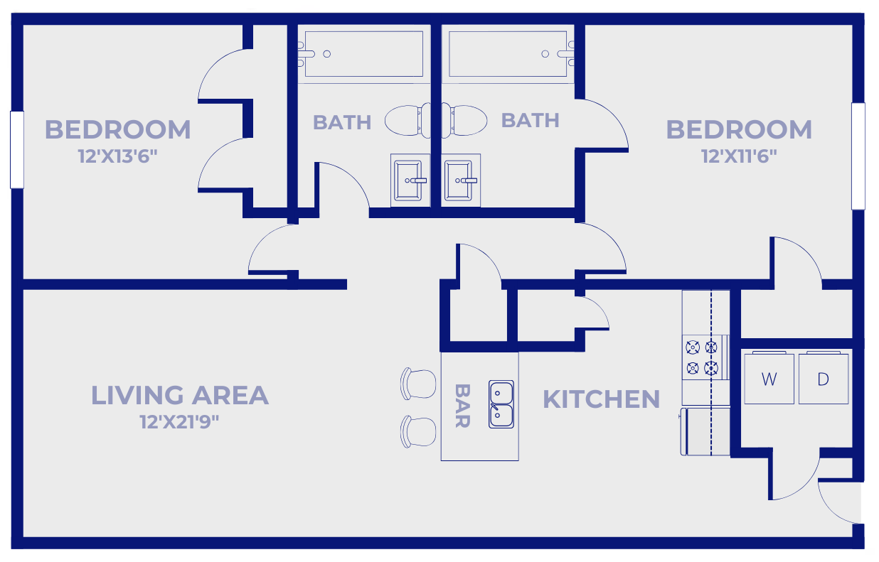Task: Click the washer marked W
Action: pyautogui.click(x=769, y=378)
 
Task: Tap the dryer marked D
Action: pyautogui.click(x=823, y=378)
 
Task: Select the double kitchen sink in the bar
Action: pyautogui.click(x=501, y=404)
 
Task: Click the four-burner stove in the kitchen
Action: pyautogui.click(x=702, y=357)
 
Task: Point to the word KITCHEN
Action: pyautogui.click(x=601, y=399)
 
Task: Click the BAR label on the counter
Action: pyautogui.click(x=462, y=406)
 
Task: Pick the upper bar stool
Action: pyautogui.click(x=419, y=384)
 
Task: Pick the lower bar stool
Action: pyautogui.click(x=419, y=431)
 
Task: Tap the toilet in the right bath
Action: pyautogui.click(x=465, y=120)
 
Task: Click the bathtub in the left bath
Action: pyautogui.click(x=361, y=54)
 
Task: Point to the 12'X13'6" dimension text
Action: pyautogui.click(x=117, y=156)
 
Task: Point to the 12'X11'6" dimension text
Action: pyautogui.click(x=739, y=156)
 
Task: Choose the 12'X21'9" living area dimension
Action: pyautogui.click(x=179, y=422)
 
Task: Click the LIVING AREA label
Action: pyautogui.click(x=179, y=395)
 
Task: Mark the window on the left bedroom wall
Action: pyautogui.click(x=17, y=149)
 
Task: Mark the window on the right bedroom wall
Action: pyautogui.click(x=858, y=156)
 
